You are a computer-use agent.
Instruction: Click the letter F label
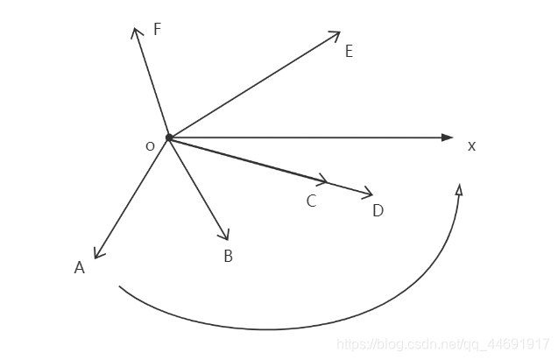pos(157,29)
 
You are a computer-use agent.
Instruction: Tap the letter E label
pos(349,52)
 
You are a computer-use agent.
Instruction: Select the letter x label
pos(471,145)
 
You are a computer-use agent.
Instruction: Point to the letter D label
pos(378,210)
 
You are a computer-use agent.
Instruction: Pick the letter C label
pos(311,201)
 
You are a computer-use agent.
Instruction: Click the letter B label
pos(228,256)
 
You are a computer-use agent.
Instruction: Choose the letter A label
pos(79,267)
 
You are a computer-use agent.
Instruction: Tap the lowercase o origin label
pos(150,145)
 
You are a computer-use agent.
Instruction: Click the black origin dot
pos(169,138)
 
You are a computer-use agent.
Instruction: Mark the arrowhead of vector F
pos(137,32)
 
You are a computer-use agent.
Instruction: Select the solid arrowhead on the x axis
pos(448,138)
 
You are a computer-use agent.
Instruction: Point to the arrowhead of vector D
pos(368,194)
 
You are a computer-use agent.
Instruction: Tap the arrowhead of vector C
pos(323,181)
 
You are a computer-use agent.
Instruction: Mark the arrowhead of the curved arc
pos(459,188)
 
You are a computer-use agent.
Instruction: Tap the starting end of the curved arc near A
pos(120,286)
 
